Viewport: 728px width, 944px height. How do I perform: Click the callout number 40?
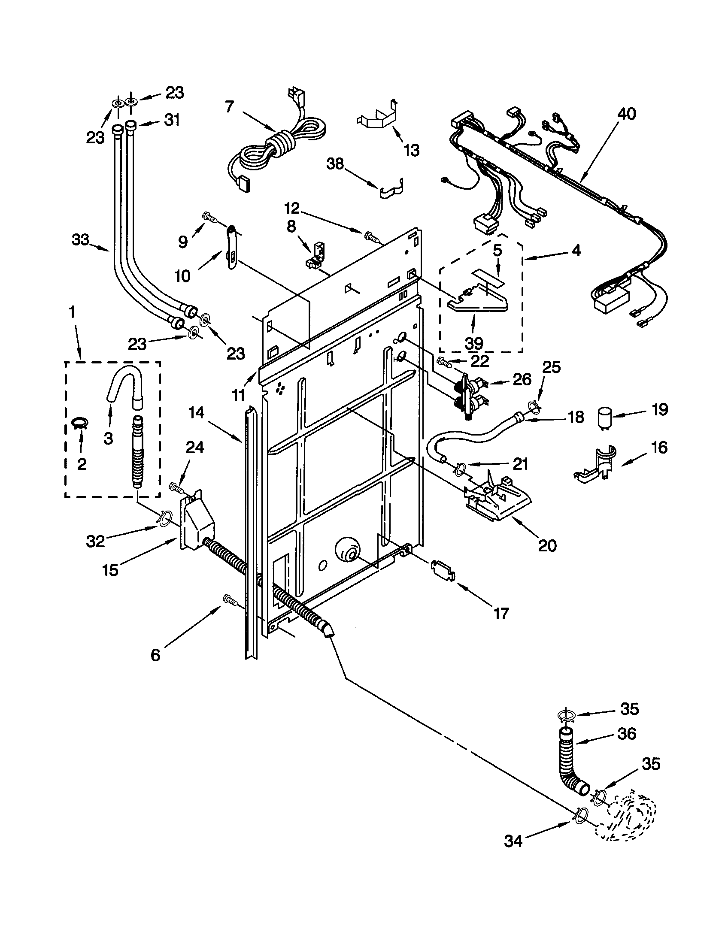626,114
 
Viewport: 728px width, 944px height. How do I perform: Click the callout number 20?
547,546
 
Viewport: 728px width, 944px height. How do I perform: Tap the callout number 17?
500,613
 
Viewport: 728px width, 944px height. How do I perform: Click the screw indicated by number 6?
229,599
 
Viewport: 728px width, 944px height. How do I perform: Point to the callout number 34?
513,841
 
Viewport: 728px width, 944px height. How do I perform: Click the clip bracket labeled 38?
392,188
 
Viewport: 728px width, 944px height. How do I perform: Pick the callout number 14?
196,413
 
